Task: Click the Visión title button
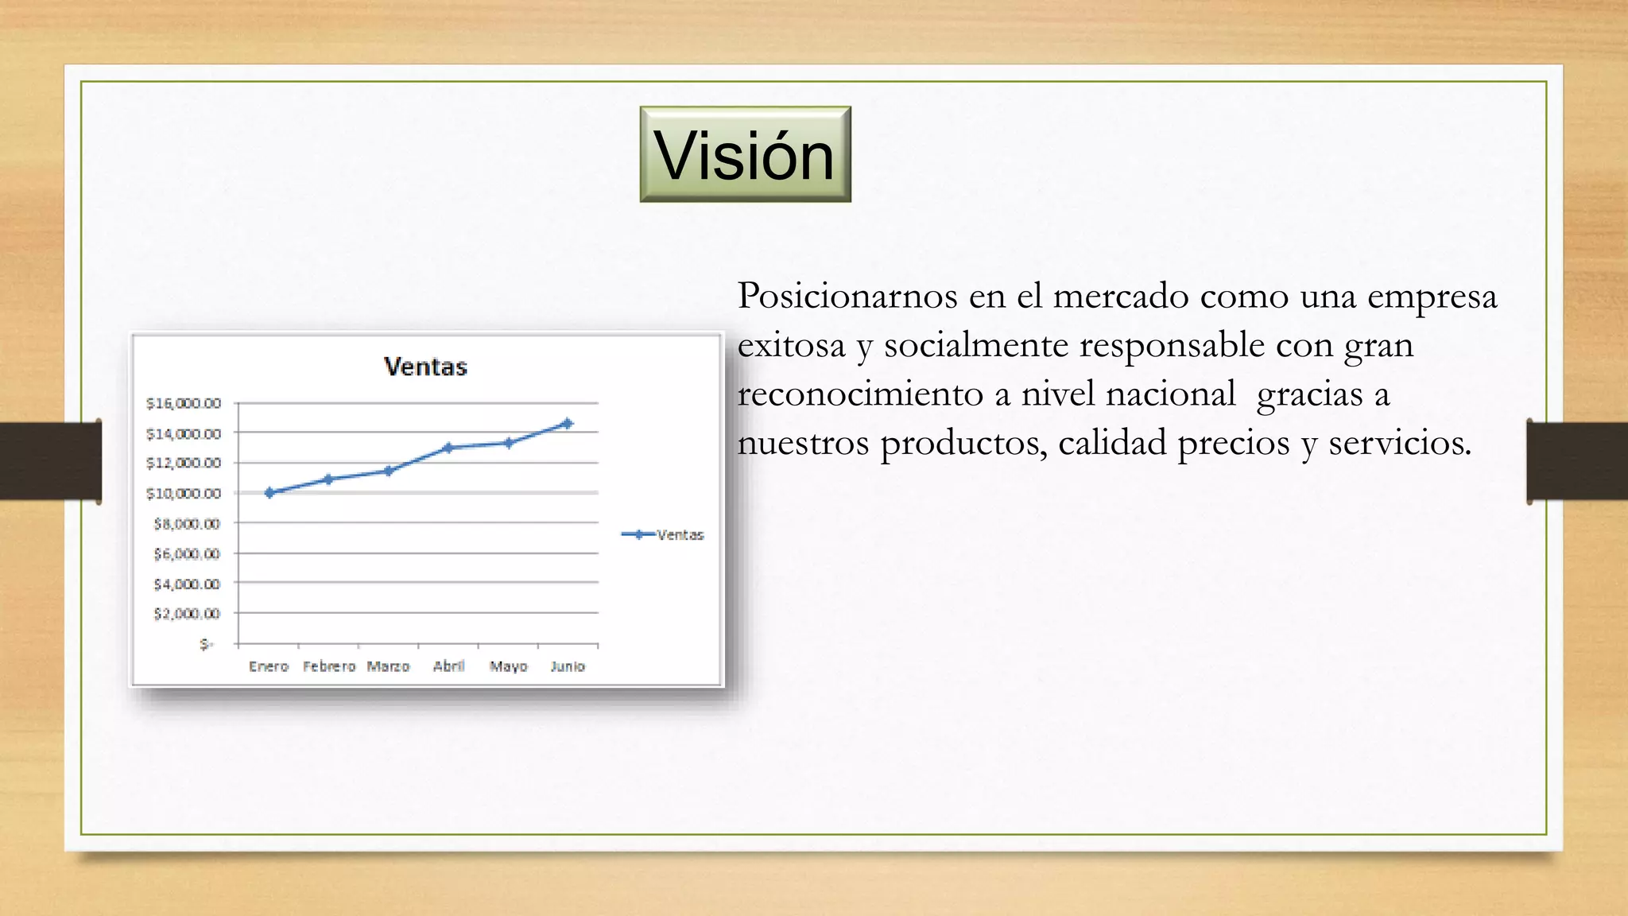point(745,154)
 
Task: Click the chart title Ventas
point(425,367)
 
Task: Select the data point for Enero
point(269,493)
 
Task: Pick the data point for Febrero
point(329,479)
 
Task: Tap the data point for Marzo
point(389,471)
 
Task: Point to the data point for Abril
point(448,448)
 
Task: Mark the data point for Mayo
point(509,443)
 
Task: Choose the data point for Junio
point(568,423)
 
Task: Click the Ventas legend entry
point(662,535)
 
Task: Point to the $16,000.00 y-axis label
point(184,403)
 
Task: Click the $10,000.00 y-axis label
point(184,494)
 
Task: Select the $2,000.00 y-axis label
point(187,614)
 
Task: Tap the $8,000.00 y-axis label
point(187,524)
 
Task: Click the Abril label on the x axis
point(448,666)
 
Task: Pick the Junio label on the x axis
point(568,666)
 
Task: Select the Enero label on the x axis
point(269,666)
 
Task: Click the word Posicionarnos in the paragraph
point(847,297)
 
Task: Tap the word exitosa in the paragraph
point(791,346)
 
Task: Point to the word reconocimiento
point(860,394)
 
